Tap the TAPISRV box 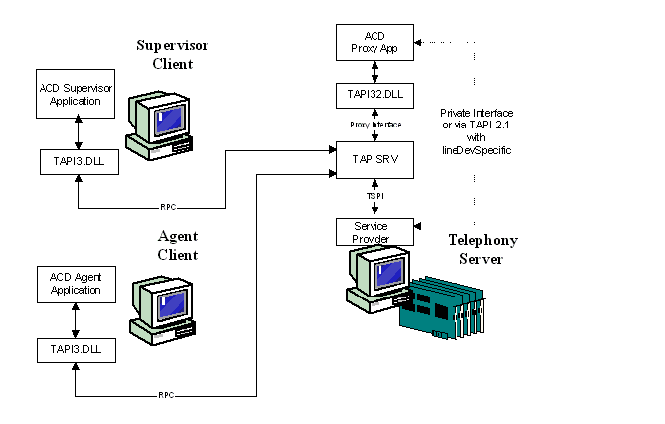tap(374, 159)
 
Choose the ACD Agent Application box tap(76, 285)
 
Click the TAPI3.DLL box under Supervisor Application tap(76, 160)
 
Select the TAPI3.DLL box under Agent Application tap(76, 348)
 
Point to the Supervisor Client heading tap(173, 55)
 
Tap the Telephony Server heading tap(482, 249)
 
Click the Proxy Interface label tap(374, 126)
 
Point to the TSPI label tap(374, 197)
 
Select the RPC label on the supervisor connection tap(167, 208)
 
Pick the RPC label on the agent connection tap(165, 395)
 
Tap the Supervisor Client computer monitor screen tap(169, 118)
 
